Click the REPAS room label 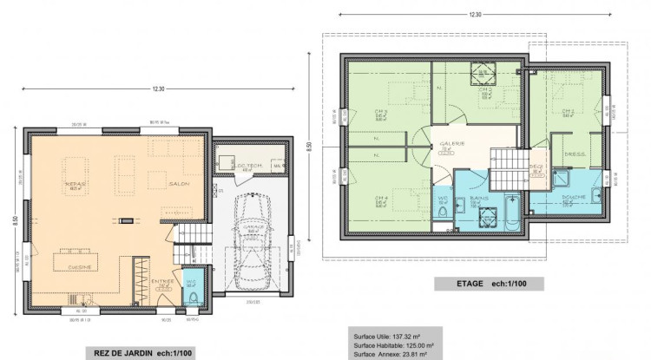click(76, 185)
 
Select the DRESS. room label click(574, 156)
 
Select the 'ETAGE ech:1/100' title click(486, 283)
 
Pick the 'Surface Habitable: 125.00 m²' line click(391, 344)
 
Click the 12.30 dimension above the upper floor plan click(474, 15)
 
